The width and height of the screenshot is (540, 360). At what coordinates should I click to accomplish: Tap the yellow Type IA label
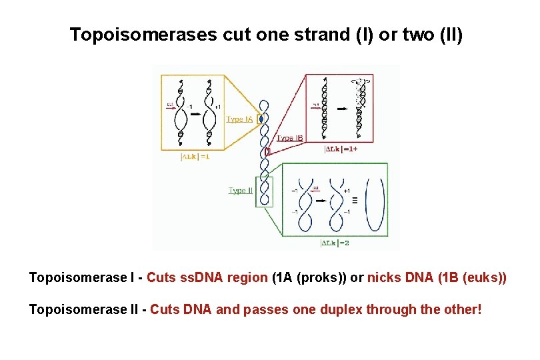point(239,119)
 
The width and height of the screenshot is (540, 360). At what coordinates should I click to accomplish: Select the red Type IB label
point(290,138)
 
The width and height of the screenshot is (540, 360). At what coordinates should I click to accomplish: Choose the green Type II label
point(241,191)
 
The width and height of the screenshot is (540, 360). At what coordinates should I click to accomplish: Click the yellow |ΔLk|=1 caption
point(195,157)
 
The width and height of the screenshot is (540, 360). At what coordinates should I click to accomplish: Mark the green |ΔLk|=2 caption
point(335,243)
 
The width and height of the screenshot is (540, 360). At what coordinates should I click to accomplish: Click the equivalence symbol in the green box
point(354,200)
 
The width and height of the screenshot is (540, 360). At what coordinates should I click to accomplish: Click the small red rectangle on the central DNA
point(267,151)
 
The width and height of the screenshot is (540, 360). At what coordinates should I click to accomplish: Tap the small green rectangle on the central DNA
point(266,192)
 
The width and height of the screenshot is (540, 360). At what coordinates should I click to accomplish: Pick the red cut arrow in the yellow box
point(171,107)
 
